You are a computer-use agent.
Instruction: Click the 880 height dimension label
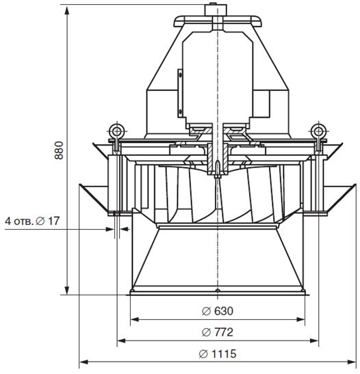[x=59, y=150]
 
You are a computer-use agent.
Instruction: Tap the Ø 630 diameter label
[x=218, y=311]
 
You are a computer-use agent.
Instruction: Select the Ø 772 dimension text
[x=218, y=332]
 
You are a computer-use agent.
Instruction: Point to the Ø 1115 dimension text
[x=218, y=353]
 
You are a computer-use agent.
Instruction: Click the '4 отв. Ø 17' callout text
[x=32, y=221]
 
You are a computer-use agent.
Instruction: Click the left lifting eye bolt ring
[x=117, y=131]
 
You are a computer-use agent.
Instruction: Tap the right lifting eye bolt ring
[x=318, y=131]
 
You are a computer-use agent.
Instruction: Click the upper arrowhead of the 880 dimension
[x=67, y=11]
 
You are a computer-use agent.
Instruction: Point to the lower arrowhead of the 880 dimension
[x=67, y=290]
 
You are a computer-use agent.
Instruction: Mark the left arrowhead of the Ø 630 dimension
[x=135, y=319]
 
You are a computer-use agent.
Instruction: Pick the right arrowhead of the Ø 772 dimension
[x=313, y=341]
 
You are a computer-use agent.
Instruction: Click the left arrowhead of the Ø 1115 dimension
[x=84, y=362]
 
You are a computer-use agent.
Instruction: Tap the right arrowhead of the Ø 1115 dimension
[x=351, y=362]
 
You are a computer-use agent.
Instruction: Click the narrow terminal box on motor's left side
[x=180, y=93]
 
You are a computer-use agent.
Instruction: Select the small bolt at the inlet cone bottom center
[x=218, y=291]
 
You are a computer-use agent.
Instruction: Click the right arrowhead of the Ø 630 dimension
[x=300, y=319]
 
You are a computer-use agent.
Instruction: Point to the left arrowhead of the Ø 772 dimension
[x=122, y=341]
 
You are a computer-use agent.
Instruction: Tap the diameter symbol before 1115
[x=203, y=353]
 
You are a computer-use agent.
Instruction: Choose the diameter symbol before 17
[x=40, y=222]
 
